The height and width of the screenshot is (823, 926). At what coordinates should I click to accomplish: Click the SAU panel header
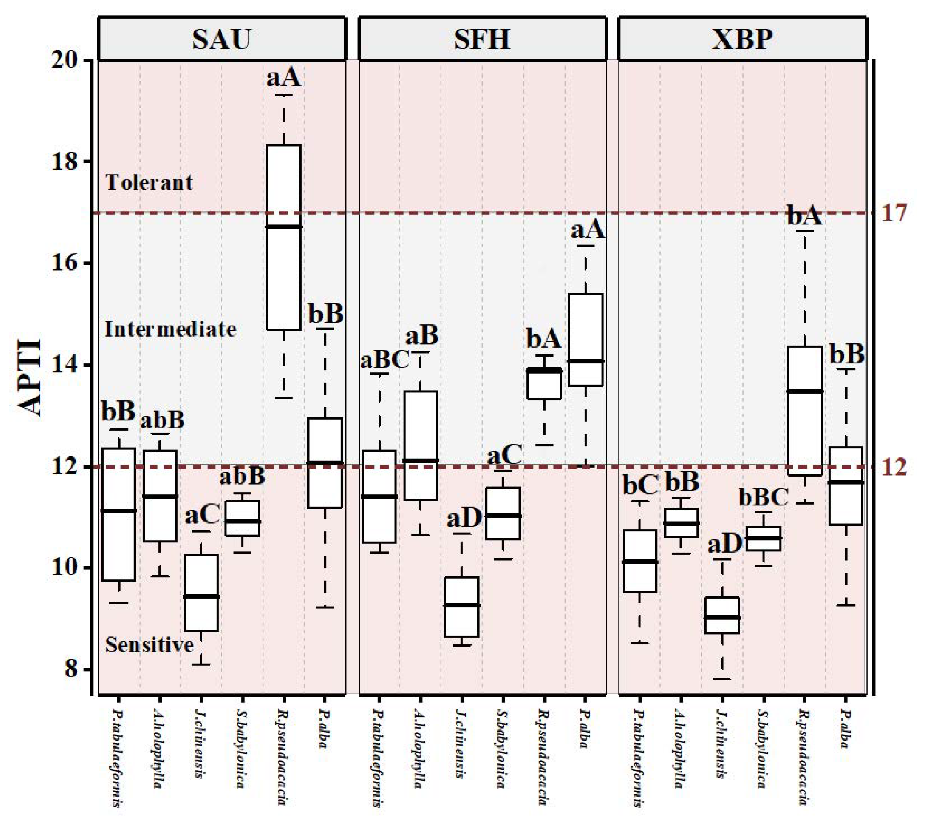tap(222, 39)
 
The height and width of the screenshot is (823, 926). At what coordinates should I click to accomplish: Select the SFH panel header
tap(482, 39)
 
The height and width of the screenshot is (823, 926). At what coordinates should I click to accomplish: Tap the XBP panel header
tap(743, 39)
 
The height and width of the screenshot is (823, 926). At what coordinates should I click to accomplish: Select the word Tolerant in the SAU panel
tap(149, 182)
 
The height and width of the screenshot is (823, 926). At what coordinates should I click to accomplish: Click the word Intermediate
tap(170, 329)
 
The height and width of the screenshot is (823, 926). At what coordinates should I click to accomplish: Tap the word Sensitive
tap(150, 644)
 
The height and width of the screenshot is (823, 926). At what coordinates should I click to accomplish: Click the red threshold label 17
tap(894, 213)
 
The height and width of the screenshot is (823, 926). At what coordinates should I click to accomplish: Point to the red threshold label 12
tap(894, 467)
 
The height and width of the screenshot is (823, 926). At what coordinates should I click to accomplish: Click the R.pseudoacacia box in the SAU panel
tap(283, 237)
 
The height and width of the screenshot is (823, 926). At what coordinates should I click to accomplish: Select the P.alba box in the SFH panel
tap(586, 340)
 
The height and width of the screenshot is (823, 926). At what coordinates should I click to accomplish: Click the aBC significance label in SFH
tap(384, 361)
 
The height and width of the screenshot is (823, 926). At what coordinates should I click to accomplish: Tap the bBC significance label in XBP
tap(764, 497)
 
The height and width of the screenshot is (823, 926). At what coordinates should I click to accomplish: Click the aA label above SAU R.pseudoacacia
tap(283, 78)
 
